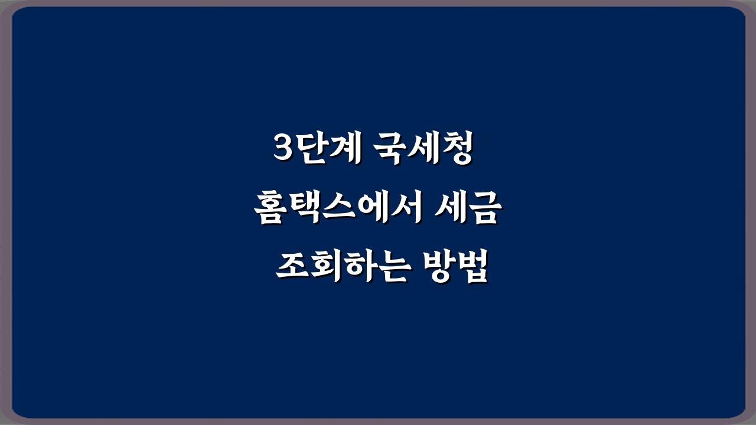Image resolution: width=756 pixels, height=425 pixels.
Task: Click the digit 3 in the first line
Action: (x=285, y=148)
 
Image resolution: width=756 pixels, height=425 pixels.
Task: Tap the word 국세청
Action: (x=423, y=148)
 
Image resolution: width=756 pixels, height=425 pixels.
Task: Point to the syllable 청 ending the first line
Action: (x=457, y=148)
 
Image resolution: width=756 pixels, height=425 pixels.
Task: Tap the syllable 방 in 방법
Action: (x=439, y=267)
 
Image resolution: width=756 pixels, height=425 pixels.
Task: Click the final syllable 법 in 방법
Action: (x=472, y=267)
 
